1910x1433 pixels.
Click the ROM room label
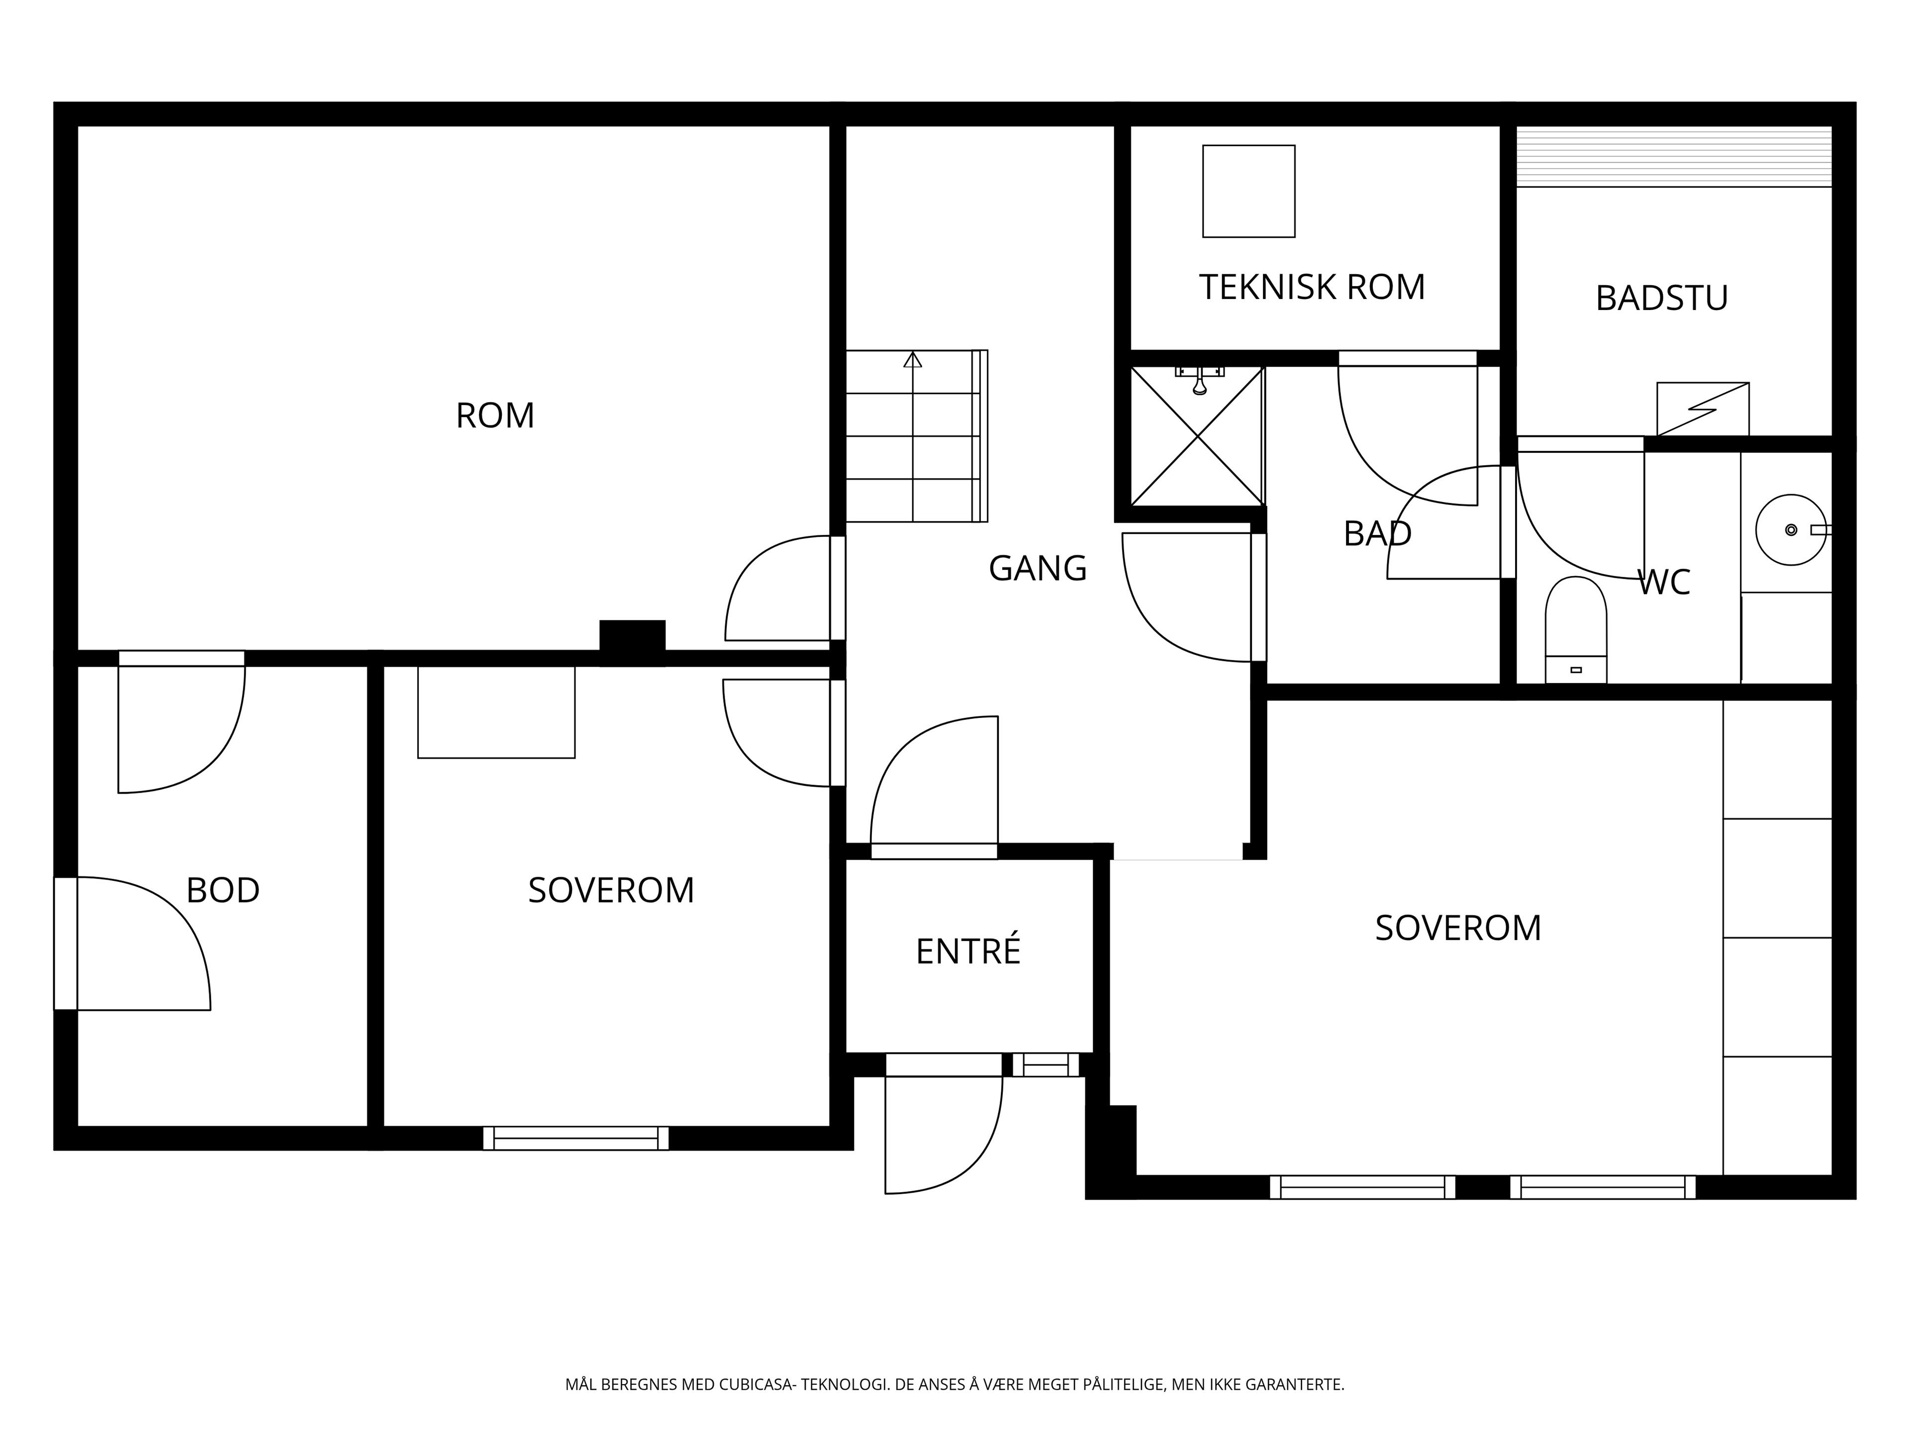click(x=495, y=415)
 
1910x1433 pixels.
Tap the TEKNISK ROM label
click(x=1312, y=287)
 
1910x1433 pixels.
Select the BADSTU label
click(x=1661, y=298)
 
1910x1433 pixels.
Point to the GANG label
click(x=1037, y=568)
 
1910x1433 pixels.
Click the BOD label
click(x=223, y=891)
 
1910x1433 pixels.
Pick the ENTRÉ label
click(x=968, y=950)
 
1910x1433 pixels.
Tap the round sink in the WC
click(x=1791, y=529)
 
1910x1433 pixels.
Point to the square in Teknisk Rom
click(x=1248, y=191)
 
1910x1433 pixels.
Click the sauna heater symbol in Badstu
click(x=1703, y=409)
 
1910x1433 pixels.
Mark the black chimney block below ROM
click(x=632, y=642)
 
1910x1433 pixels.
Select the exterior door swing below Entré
click(x=944, y=1135)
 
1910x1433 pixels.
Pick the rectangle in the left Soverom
click(x=496, y=712)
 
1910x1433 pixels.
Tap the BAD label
click(x=1377, y=534)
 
